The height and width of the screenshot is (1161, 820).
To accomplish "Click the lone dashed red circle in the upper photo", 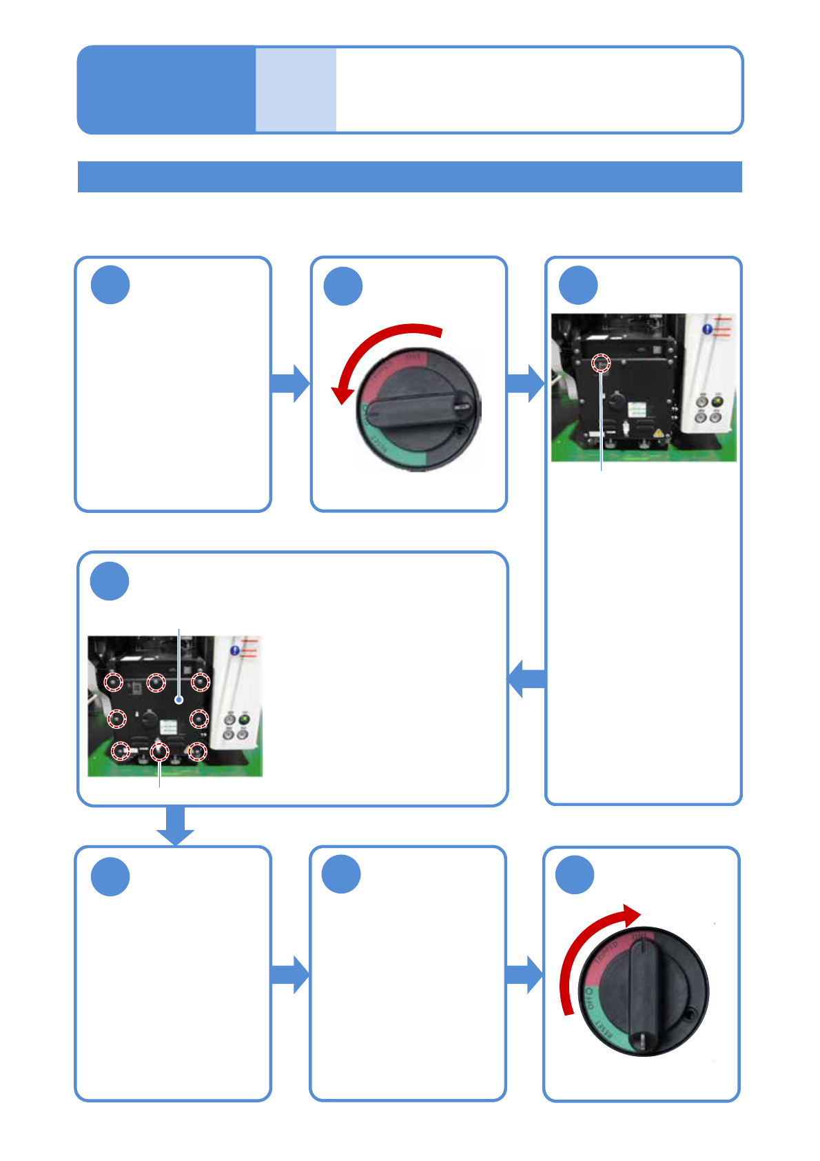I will point(602,363).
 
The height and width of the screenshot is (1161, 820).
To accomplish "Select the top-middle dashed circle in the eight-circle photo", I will point(156,683).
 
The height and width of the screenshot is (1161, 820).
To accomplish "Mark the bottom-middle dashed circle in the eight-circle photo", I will point(160,751).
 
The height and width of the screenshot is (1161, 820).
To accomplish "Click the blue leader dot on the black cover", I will point(179,700).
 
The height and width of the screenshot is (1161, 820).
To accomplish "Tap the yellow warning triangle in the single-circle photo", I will point(657,433).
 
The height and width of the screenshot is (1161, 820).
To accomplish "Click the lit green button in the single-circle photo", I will point(717,401).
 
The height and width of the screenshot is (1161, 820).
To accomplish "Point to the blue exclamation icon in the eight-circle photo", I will point(235,651).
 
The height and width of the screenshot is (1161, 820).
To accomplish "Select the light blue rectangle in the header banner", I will point(296,90).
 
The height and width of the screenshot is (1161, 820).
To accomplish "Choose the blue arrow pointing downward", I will point(175,825).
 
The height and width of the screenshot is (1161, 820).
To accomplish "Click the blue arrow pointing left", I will point(526,678).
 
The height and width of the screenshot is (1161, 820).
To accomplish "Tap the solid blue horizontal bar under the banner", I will point(409,176).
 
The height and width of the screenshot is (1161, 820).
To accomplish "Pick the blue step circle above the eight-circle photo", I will point(110,581).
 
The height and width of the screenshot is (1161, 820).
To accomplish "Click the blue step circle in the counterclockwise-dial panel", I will point(343,286).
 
